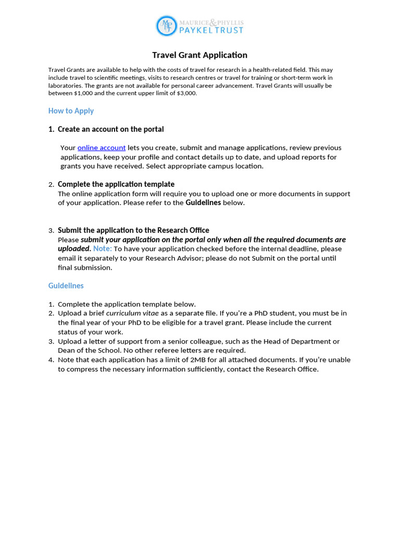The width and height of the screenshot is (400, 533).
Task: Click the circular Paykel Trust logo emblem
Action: (166, 26)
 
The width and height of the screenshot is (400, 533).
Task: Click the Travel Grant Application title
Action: (199, 55)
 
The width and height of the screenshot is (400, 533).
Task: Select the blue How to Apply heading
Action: (71, 111)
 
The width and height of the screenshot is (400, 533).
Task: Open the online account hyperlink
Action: (102, 148)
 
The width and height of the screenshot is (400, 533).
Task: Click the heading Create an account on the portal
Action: (110, 129)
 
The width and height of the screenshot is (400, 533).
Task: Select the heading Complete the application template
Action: (116, 184)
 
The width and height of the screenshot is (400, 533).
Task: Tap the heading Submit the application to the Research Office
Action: (133, 230)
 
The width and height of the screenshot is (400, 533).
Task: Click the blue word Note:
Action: (103, 249)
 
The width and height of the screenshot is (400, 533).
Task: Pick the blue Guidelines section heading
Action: (66, 286)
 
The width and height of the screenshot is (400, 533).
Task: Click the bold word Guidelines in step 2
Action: (203, 203)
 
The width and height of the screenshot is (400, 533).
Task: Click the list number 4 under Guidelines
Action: (51, 360)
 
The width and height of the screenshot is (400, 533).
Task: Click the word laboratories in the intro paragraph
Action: (65, 85)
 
